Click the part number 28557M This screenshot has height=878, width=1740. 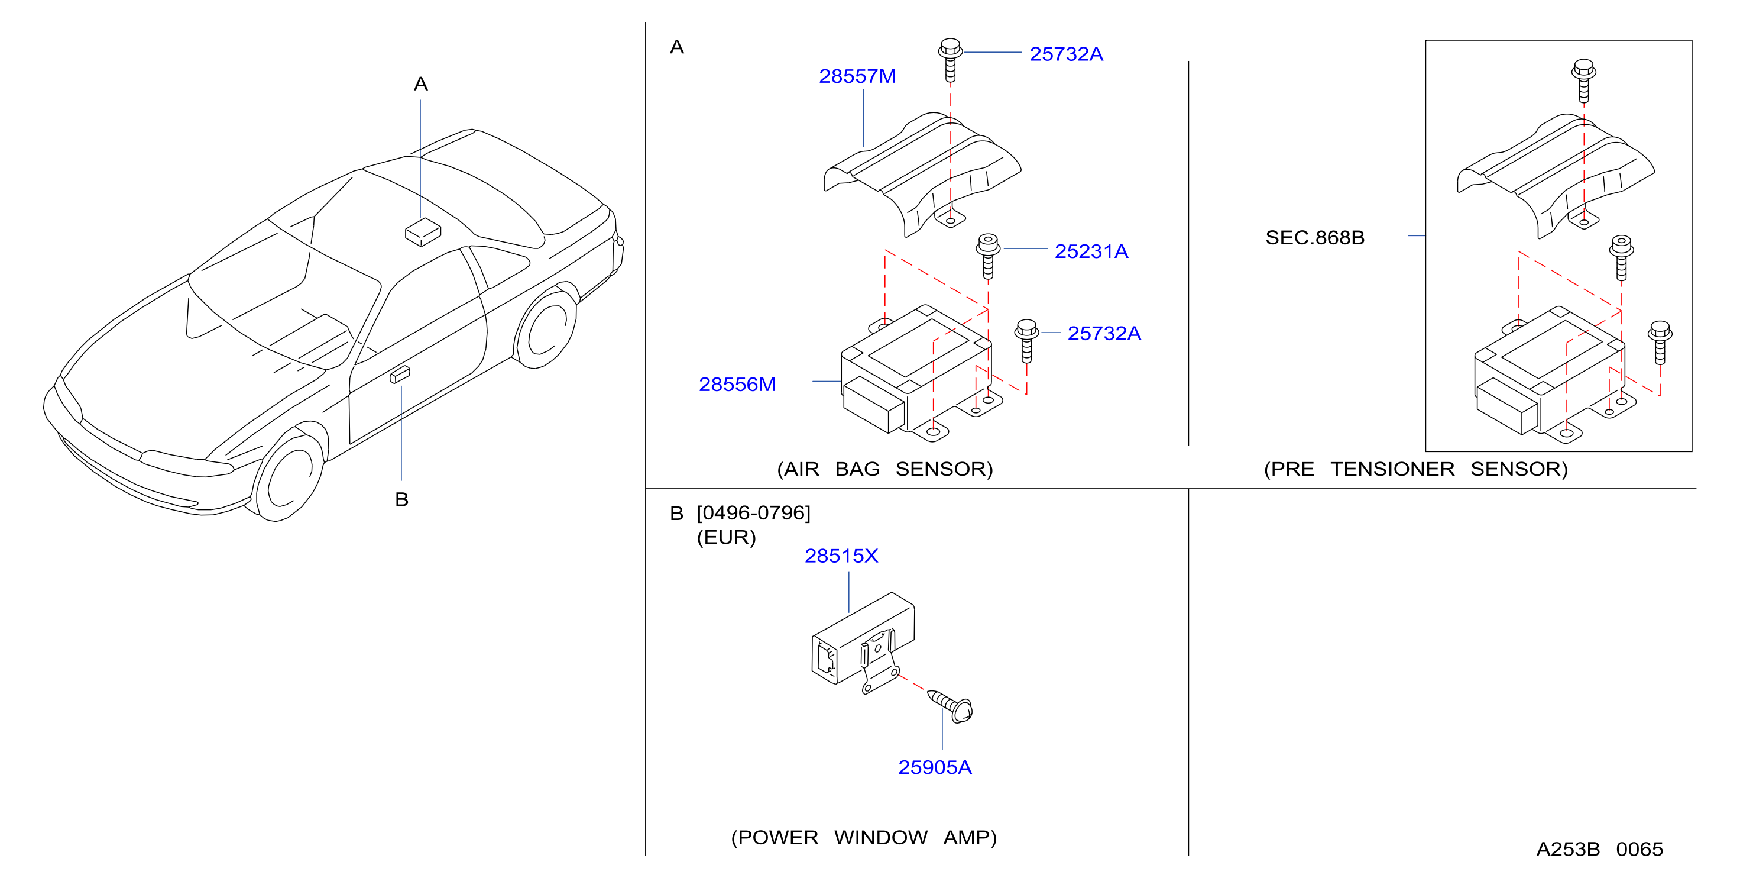[x=857, y=76]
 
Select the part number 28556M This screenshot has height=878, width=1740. [x=737, y=385]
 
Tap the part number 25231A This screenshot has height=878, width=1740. [x=1091, y=251]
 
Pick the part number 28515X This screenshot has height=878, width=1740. [x=841, y=556]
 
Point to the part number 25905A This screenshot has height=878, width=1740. [x=935, y=767]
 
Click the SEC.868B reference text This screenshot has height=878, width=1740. [x=1314, y=237]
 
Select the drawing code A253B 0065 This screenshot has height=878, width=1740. [x=1599, y=849]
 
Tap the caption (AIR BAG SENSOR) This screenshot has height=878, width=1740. [x=885, y=469]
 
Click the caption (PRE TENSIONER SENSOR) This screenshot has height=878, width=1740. [x=1416, y=469]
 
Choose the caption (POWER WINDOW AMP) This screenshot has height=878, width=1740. [x=864, y=837]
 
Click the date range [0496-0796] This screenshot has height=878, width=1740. [x=753, y=513]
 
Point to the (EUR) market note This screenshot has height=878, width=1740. [x=726, y=537]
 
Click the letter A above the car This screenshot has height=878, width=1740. [x=421, y=84]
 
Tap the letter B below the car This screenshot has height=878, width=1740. [x=402, y=499]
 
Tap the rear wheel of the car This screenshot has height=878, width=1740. [x=546, y=328]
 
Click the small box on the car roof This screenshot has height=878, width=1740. [x=423, y=232]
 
